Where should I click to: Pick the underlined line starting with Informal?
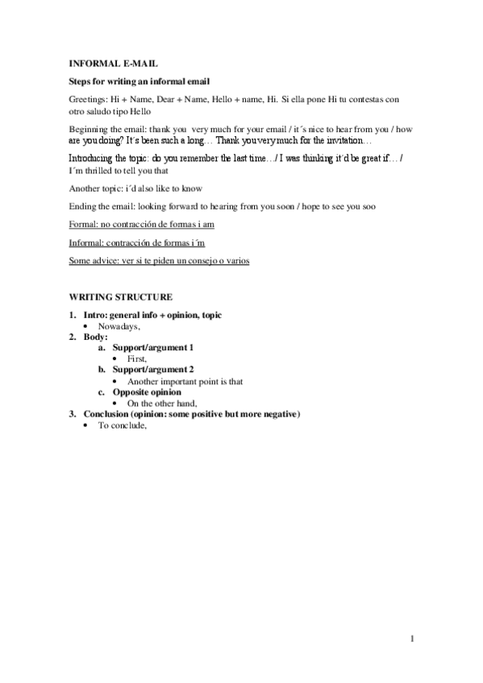coord(141,242)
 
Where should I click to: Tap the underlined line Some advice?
coord(159,261)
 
